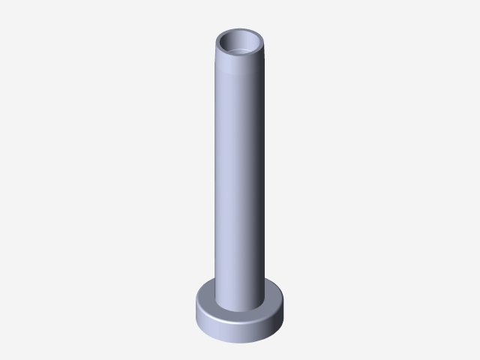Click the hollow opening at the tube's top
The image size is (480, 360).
[x=240, y=43]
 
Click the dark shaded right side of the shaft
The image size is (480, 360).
[x=259, y=180]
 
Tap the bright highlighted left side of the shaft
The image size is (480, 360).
[x=222, y=180]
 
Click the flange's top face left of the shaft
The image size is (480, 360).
[x=205, y=298]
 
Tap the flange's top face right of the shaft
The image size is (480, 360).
[x=274, y=299]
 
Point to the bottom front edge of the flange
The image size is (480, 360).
[x=240, y=343]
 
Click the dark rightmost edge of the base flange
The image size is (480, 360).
[x=285, y=309]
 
